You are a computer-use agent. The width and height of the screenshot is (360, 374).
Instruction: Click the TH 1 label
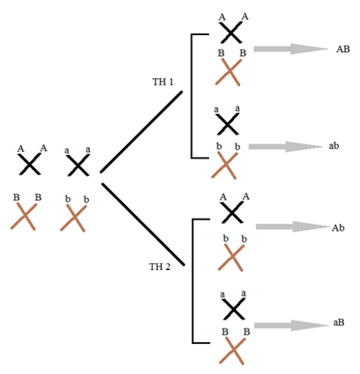pyautogui.click(x=163, y=81)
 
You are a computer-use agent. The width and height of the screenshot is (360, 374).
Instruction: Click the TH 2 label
pyautogui.click(x=159, y=267)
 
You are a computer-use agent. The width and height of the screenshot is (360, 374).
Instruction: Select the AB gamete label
pyautogui.click(x=343, y=49)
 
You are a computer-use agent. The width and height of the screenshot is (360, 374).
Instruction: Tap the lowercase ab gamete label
pyautogui.click(x=334, y=146)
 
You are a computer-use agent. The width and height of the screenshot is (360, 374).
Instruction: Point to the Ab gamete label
pyautogui.click(x=338, y=228)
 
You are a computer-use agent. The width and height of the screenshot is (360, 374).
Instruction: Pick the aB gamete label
pyautogui.click(x=338, y=322)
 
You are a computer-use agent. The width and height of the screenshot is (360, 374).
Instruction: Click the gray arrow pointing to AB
pyautogui.click(x=290, y=49)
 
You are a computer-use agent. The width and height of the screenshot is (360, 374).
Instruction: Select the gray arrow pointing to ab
pyautogui.click(x=285, y=147)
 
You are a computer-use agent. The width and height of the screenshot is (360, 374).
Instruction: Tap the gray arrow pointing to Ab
pyautogui.click(x=293, y=226)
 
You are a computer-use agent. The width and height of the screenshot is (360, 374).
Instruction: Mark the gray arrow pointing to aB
pyautogui.click(x=291, y=325)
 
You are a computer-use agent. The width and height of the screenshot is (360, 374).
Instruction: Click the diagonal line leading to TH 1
pyautogui.click(x=141, y=132)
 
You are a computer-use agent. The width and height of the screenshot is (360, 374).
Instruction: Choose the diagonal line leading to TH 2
pyautogui.click(x=143, y=224)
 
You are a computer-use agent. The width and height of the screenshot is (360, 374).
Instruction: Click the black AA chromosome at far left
pyautogui.click(x=29, y=164)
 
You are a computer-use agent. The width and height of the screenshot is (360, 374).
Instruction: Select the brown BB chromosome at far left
pyautogui.click(x=23, y=216)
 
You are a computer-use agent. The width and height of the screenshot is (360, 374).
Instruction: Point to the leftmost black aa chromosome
pyautogui.click(x=78, y=165)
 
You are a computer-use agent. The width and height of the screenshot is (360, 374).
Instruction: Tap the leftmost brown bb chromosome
pyautogui.click(x=73, y=218)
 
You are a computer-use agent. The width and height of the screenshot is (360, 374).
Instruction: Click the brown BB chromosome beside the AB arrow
pyautogui.click(x=228, y=72)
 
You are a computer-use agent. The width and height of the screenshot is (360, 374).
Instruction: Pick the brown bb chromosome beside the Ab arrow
pyautogui.click(x=231, y=257)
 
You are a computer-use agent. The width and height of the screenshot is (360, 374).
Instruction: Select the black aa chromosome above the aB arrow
pyautogui.click(x=233, y=309)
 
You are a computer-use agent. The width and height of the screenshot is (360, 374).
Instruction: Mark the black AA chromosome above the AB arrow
pyautogui.click(x=230, y=33)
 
